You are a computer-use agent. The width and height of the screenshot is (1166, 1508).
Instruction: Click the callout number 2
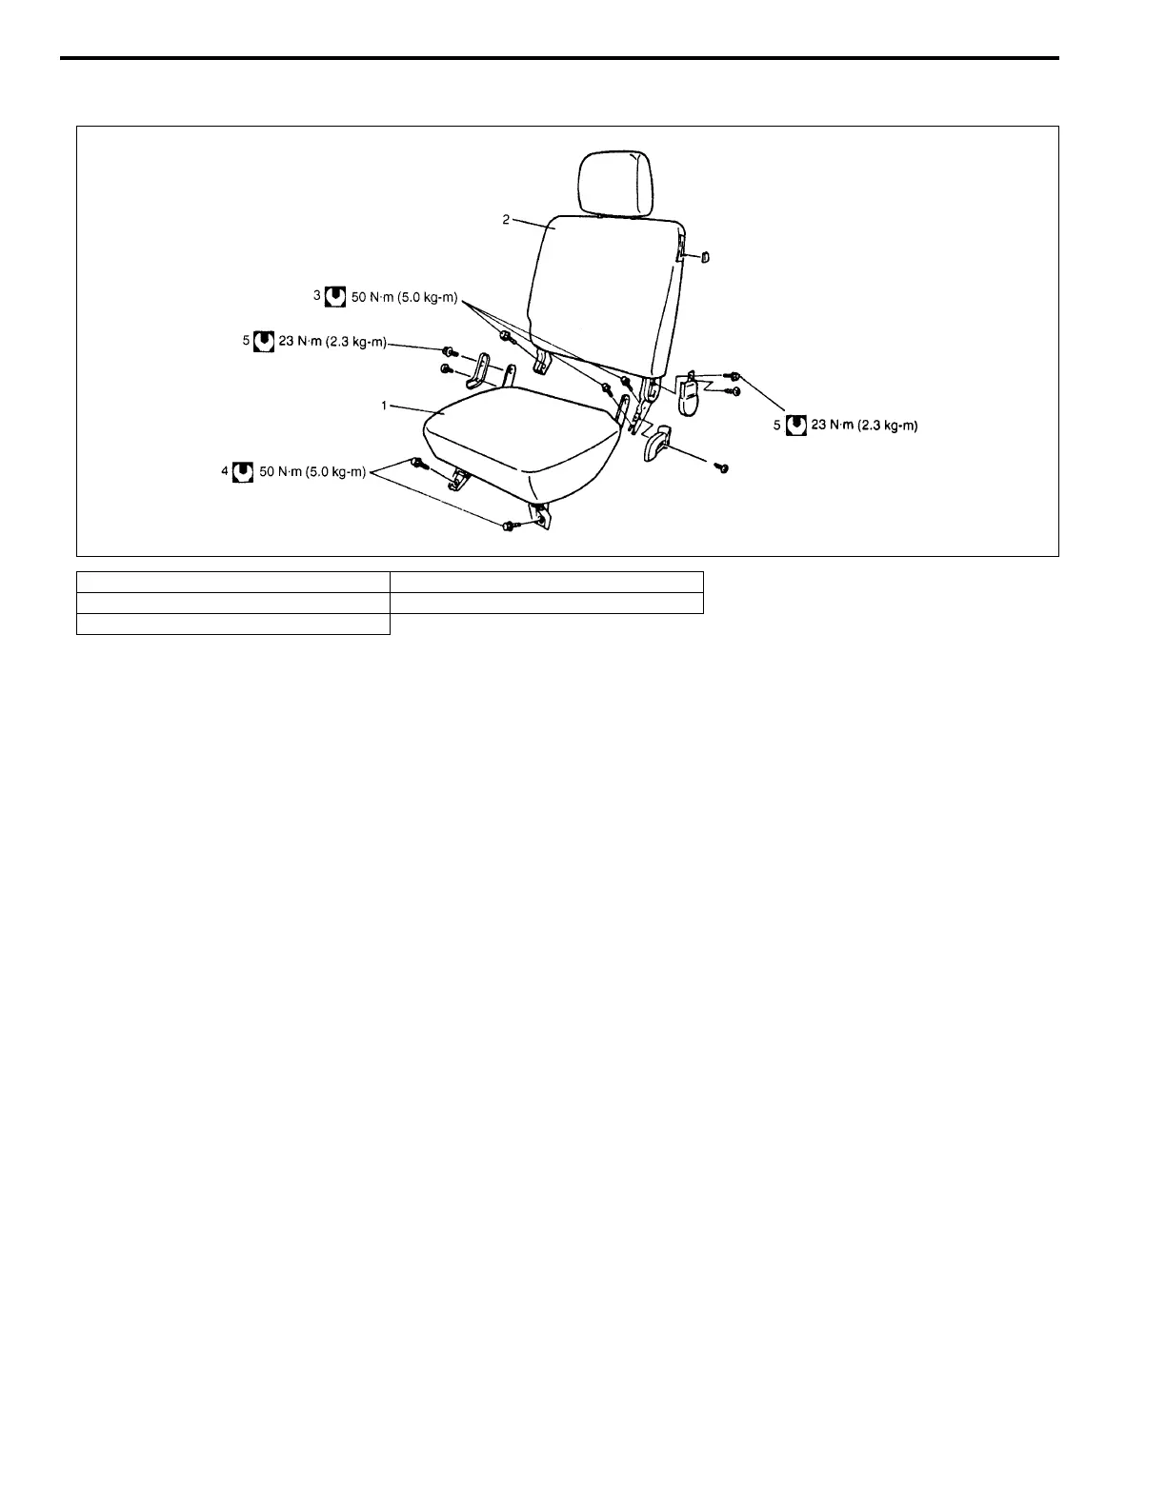coord(507,220)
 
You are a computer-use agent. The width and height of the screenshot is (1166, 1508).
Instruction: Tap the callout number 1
coord(385,406)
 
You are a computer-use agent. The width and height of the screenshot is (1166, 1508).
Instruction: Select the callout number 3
coord(317,296)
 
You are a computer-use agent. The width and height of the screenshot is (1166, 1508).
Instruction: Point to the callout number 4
coord(226,470)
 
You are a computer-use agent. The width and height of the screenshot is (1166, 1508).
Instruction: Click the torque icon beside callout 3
coord(334,297)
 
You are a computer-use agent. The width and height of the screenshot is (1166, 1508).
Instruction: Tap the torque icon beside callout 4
coord(243,471)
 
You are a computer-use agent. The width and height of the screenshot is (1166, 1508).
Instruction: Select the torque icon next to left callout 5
coord(264,341)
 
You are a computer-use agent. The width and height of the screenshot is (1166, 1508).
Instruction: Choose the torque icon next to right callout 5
coord(795,427)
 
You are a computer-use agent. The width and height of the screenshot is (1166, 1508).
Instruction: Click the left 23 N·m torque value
coord(332,342)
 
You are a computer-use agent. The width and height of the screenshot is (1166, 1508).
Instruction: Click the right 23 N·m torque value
coord(864,427)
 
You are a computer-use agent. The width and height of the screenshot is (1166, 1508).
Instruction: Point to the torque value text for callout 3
coord(406,298)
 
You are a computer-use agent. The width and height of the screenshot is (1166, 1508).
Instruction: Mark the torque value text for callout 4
coord(312,471)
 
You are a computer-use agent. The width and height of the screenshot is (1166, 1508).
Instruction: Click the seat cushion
coord(519,434)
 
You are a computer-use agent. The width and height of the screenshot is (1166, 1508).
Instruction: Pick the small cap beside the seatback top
coord(706,256)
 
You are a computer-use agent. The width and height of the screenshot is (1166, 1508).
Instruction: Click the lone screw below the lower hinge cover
coord(722,468)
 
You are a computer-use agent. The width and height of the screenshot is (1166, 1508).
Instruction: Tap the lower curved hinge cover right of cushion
coord(655,446)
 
